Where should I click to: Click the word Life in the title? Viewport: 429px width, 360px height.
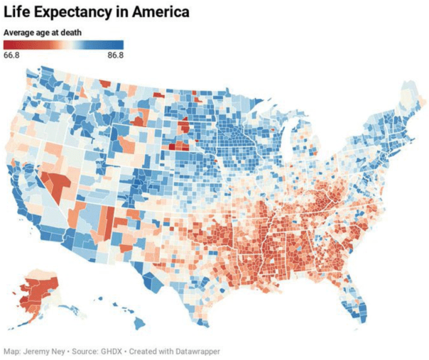pos(18,12)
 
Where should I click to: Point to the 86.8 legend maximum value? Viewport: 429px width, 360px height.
pos(116,55)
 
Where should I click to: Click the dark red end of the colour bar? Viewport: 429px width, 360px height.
pos(9,45)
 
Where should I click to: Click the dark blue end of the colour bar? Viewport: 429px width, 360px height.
pos(119,45)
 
